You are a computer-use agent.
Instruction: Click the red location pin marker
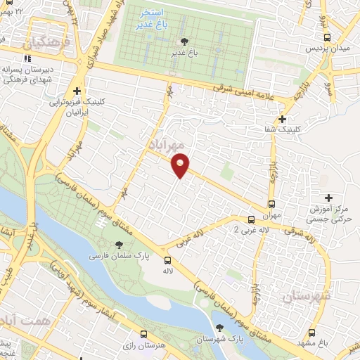pyautogui.click(x=181, y=165)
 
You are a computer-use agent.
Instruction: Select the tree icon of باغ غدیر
pyautogui.click(x=185, y=41)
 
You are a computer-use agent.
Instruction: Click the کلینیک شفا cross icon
pyautogui.click(x=283, y=120)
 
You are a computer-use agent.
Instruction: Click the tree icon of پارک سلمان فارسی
pyautogui.click(x=118, y=245)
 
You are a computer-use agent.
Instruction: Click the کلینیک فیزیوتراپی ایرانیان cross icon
pyautogui.click(x=76, y=91)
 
